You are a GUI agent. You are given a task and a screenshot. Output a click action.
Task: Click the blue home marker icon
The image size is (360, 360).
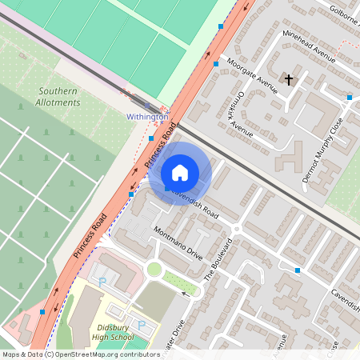(x=180, y=172)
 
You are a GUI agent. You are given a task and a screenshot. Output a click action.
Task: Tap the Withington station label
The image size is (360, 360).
(x=147, y=117)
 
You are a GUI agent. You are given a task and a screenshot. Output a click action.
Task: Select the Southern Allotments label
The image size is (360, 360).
(x=58, y=97)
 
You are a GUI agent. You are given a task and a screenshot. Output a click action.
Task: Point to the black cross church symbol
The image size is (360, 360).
(x=289, y=79)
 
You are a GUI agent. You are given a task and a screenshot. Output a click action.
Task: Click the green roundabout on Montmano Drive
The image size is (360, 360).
(x=154, y=269)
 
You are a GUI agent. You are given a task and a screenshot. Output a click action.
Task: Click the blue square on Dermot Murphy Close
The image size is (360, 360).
(x=350, y=98)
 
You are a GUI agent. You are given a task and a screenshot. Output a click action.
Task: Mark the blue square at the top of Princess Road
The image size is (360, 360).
(x=221, y=26)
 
